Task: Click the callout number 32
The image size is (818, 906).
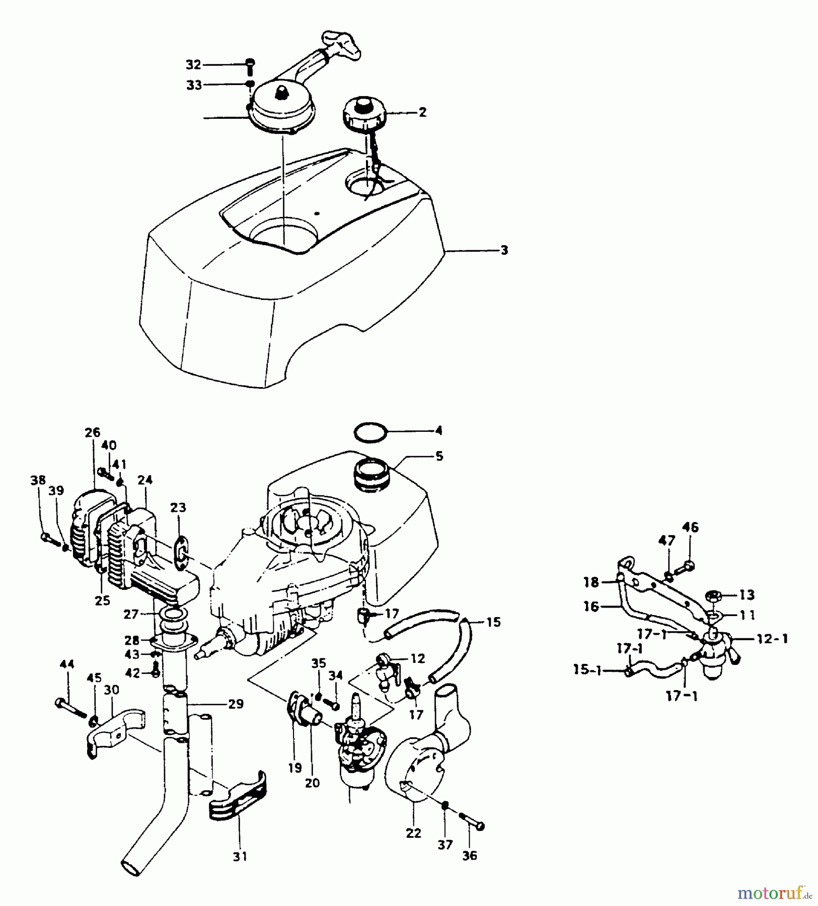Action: pos(193,65)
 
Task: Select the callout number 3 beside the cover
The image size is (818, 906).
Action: pos(504,250)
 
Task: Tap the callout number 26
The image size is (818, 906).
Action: pos(93,432)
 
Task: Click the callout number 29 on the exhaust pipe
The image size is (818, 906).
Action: pos(236,704)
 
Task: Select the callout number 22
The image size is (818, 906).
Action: pos(413,833)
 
